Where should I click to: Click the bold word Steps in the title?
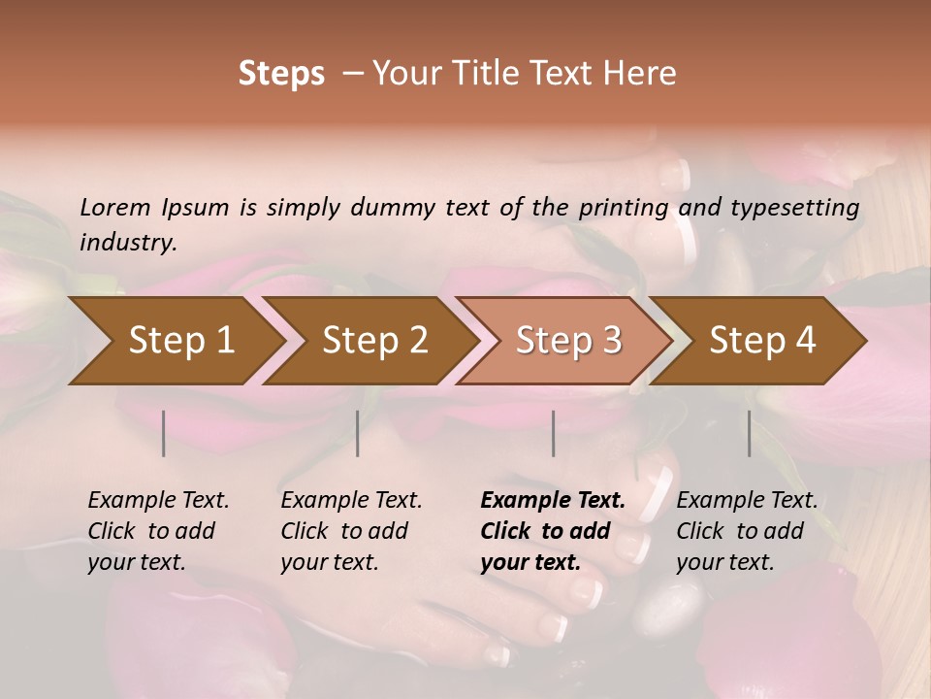281,74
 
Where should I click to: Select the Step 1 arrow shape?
175,341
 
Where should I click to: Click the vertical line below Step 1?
164,433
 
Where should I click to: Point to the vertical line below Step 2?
358,433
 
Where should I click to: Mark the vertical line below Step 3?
554,433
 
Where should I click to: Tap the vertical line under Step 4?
750,433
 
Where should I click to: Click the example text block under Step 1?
158,531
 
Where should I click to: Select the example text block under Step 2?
351,531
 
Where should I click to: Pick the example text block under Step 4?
747,531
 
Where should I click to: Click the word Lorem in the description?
115,207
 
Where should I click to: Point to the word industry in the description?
128,243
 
